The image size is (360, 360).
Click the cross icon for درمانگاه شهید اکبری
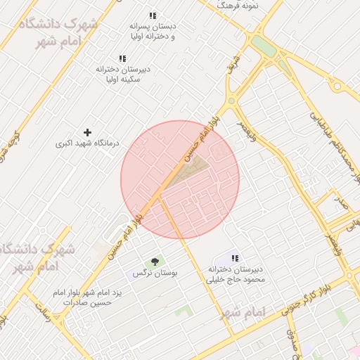click(87, 132)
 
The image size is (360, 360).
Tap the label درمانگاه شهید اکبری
click(84, 144)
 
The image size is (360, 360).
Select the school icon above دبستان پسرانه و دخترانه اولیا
click(153, 15)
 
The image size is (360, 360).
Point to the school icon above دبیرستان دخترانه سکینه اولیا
click(122, 58)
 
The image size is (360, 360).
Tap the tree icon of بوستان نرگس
click(154, 261)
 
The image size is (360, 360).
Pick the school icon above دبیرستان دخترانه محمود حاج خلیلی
click(234, 258)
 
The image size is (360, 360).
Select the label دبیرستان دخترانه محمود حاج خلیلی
click(234, 274)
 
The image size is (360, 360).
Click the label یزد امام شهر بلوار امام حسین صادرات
click(88, 297)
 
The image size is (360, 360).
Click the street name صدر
click(342, 205)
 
